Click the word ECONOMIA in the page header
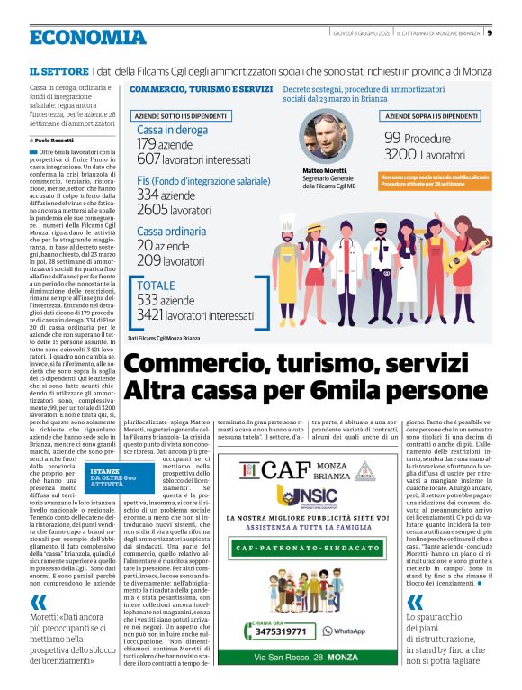coord(87,37)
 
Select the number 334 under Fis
coord(147,195)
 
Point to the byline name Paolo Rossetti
coord(57,141)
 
